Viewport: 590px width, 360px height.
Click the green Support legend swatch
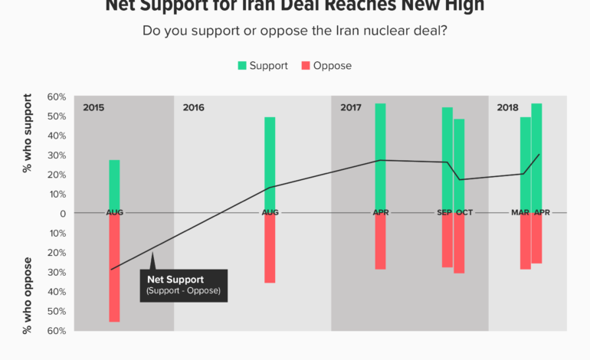[x=243, y=66]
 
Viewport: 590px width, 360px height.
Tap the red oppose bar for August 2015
[x=114, y=268]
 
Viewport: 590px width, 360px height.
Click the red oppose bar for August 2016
[x=270, y=250]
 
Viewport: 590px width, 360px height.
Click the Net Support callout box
[x=183, y=285]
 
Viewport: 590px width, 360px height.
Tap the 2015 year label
[x=93, y=108]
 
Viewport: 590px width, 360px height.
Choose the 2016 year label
[x=194, y=108]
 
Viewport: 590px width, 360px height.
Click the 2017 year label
[x=351, y=108]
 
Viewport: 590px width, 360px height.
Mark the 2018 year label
[x=508, y=108]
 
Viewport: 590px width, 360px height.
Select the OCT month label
[x=464, y=213]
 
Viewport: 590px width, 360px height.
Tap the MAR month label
[x=520, y=213]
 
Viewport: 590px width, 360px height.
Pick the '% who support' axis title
[x=28, y=133]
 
